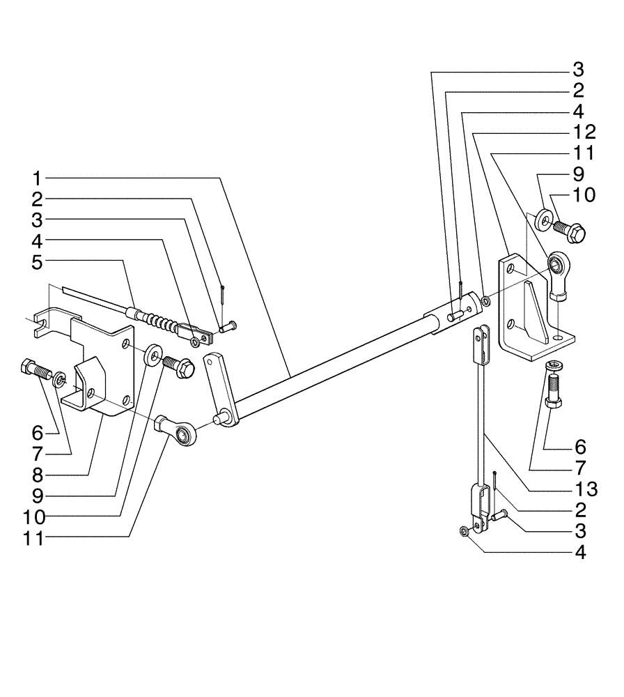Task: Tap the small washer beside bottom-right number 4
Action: (x=464, y=533)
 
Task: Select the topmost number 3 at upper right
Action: (x=578, y=70)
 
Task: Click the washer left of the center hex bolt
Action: (x=151, y=356)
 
